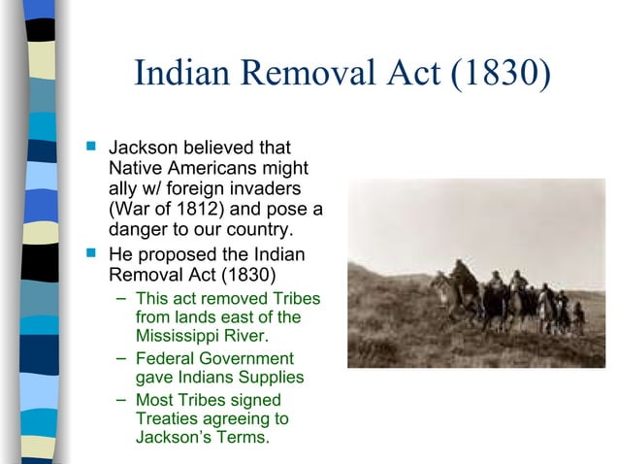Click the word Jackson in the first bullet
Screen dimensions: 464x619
click(145, 149)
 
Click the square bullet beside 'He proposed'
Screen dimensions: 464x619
click(92, 255)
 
